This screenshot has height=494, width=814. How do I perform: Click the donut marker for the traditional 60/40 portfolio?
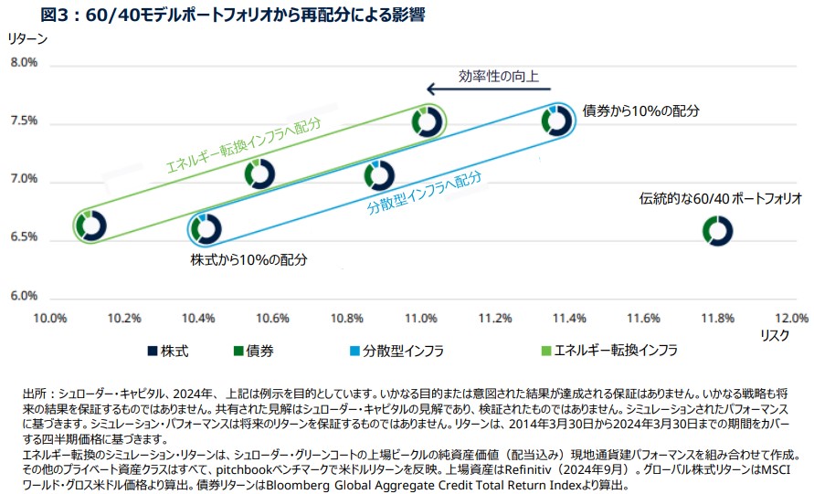point(718,231)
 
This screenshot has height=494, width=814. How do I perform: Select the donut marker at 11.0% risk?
point(426,121)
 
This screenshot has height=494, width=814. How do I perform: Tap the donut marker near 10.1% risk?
point(91,225)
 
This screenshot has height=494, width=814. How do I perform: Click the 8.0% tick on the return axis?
point(24,63)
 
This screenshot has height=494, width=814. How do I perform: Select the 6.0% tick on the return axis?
point(24,296)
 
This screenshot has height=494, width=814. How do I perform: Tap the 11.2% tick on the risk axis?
point(495,318)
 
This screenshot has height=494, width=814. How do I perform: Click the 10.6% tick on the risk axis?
point(272,318)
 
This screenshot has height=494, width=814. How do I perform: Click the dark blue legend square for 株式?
point(151,350)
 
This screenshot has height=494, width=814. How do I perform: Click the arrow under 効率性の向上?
point(490,89)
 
